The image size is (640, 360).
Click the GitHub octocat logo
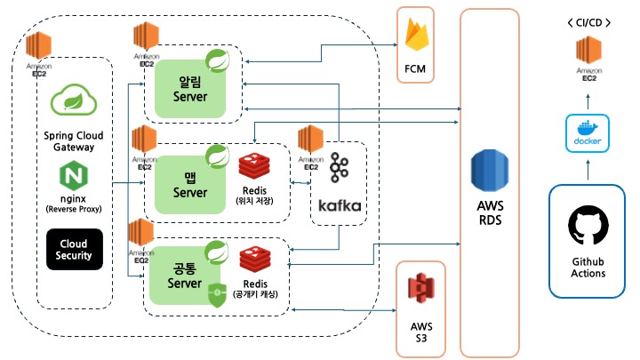pyautogui.click(x=588, y=228)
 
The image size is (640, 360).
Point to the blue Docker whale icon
pyautogui.click(x=588, y=132)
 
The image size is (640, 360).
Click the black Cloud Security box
pyautogui.click(x=75, y=249)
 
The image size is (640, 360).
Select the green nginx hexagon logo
pyautogui.click(x=75, y=178)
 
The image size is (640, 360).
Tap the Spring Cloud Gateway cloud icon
pyautogui.click(x=75, y=100)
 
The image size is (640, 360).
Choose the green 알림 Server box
pyautogui.click(x=189, y=89)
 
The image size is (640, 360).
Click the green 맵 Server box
pyautogui.click(x=189, y=185)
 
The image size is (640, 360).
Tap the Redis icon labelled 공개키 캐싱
pyautogui.click(x=258, y=260)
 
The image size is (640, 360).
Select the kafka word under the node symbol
pyautogui.click(x=339, y=205)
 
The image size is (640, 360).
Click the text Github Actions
pyautogui.click(x=588, y=268)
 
